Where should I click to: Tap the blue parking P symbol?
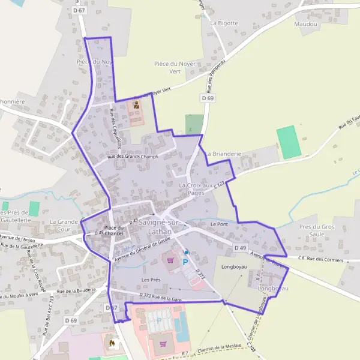(185, 262)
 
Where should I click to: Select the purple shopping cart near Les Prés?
(172, 260)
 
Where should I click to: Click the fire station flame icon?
(111, 344)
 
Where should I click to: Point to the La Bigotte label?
(224, 23)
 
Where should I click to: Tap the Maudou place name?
(305, 25)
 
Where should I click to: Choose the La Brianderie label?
(223, 154)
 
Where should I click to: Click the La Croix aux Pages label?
(196, 190)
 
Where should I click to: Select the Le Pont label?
(220, 224)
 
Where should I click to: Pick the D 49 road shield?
(241, 247)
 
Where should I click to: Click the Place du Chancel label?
(113, 231)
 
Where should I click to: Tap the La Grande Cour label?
(64, 225)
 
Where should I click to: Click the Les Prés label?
(151, 280)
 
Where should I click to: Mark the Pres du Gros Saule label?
(317, 230)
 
